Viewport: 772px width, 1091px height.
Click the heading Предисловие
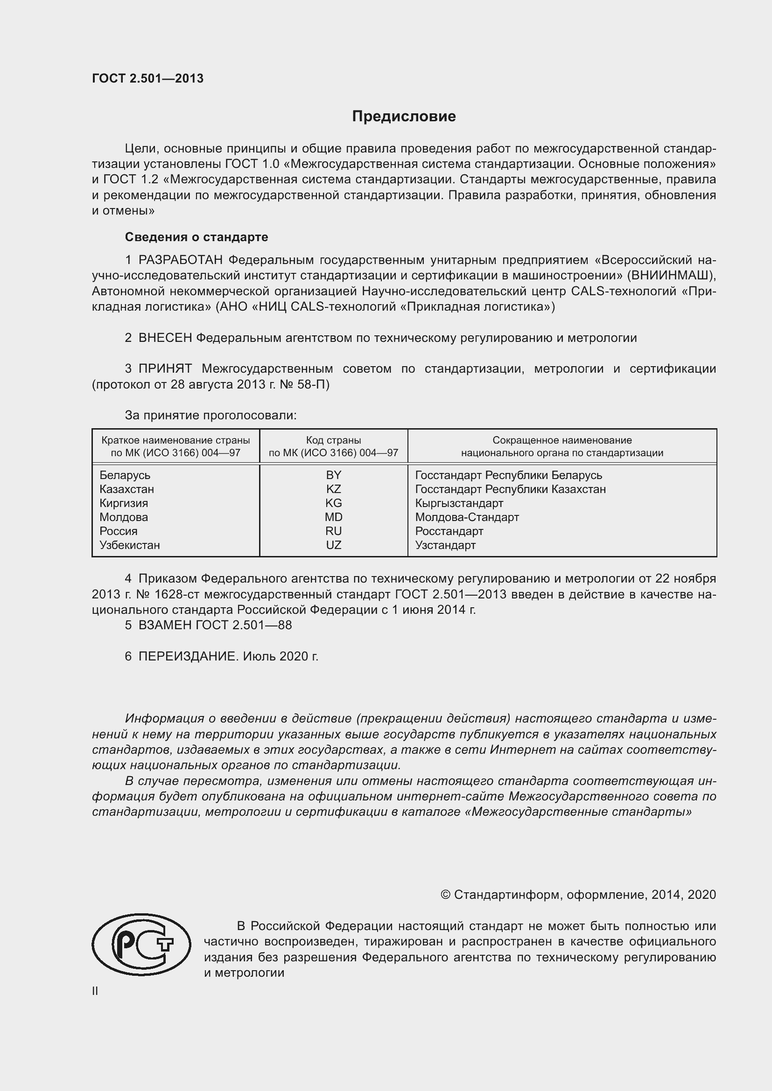coord(404,117)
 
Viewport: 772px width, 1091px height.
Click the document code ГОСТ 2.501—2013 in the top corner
coord(147,78)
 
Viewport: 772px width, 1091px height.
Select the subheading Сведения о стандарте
coord(197,236)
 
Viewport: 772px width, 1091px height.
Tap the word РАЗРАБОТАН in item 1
coord(181,260)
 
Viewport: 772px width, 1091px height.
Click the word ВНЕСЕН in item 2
coord(165,338)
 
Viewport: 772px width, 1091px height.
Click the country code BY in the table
coord(333,475)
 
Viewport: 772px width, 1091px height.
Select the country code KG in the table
coord(333,503)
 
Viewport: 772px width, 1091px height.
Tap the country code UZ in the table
coord(333,545)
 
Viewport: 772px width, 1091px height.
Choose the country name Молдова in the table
coord(124,517)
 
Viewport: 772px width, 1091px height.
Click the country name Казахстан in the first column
coord(126,489)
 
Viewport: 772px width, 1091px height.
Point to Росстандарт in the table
coord(449,531)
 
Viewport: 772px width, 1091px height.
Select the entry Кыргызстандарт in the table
coord(459,503)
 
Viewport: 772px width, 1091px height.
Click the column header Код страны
coord(333,440)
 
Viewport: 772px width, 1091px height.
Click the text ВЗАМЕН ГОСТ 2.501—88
coord(215,625)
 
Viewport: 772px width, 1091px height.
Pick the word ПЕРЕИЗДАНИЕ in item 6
coord(187,656)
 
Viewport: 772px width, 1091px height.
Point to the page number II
coord(95,991)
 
